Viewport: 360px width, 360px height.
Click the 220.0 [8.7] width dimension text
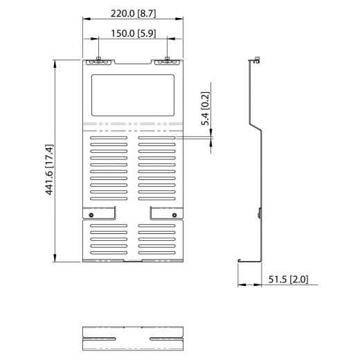point(132,12)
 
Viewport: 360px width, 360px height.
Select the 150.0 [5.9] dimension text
point(132,34)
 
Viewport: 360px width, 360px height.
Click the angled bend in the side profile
point(256,128)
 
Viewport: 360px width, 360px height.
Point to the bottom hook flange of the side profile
point(240,260)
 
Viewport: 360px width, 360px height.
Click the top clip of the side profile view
point(255,61)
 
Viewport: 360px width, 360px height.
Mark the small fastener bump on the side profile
point(260,215)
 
